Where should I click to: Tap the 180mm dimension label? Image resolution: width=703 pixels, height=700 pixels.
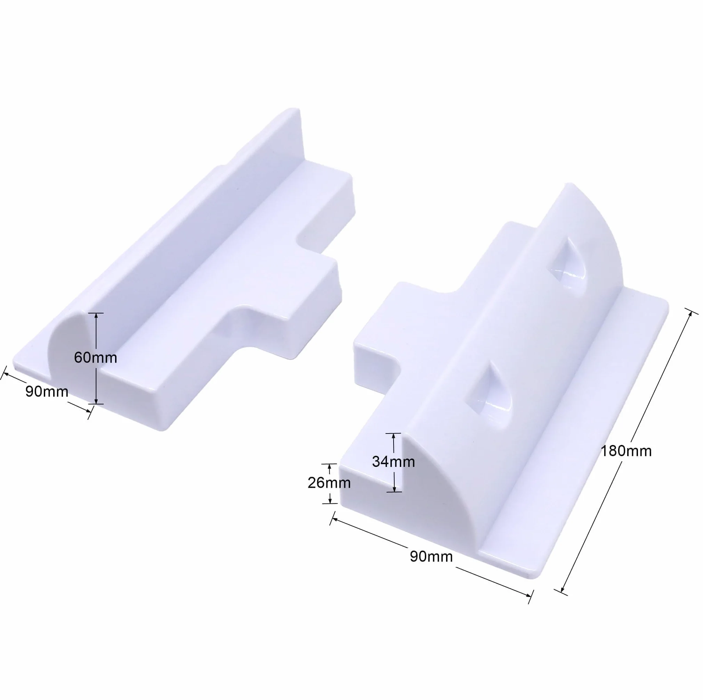(x=625, y=451)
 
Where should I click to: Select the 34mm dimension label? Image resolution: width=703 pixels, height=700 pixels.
(x=393, y=462)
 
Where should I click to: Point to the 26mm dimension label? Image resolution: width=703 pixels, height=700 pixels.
(x=329, y=483)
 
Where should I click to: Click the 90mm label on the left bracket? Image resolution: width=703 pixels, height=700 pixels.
(x=47, y=391)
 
